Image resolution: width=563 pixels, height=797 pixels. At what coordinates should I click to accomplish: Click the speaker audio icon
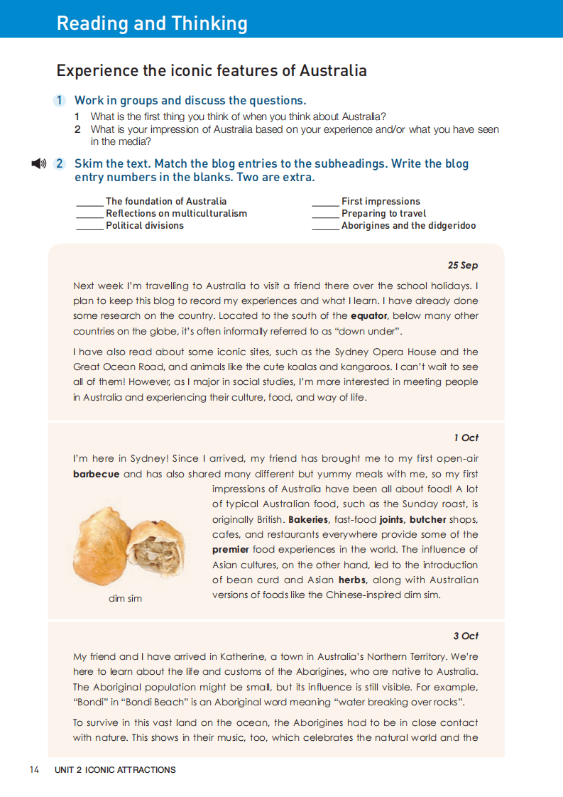(x=39, y=164)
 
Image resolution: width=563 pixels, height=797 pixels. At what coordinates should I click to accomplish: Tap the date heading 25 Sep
(x=463, y=265)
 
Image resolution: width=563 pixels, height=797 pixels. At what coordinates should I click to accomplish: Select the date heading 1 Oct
(x=466, y=438)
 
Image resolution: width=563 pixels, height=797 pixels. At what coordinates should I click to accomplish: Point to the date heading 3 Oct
(x=466, y=636)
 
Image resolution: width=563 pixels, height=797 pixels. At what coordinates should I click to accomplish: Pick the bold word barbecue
(x=96, y=474)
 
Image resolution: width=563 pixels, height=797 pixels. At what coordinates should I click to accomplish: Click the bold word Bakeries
(x=310, y=519)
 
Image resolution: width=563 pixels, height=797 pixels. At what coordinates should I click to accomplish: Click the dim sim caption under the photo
(x=125, y=598)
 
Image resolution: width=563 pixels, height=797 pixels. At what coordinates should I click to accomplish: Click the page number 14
(x=35, y=769)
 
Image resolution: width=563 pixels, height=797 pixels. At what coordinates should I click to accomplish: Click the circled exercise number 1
(x=60, y=101)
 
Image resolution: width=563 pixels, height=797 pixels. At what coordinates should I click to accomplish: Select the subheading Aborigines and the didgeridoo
(x=408, y=225)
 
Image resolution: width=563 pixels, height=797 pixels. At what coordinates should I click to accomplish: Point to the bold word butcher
(x=427, y=519)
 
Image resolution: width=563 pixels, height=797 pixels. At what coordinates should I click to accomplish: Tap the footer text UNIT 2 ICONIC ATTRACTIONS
(x=115, y=769)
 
